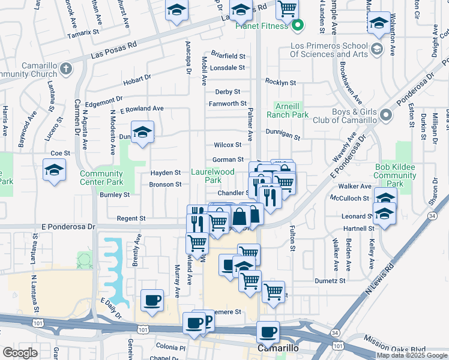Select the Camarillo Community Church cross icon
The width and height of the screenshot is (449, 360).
tap(65, 69)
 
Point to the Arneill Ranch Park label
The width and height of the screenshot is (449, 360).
tap(291, 110)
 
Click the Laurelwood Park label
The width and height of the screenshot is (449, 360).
tap(212, 175)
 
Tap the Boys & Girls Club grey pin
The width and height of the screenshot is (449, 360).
tap(385, 114)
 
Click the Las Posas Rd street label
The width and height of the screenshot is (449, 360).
tap(115, 50)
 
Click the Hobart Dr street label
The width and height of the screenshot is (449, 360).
tap(137, 79)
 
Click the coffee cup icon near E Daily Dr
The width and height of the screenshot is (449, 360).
tap(152, 300)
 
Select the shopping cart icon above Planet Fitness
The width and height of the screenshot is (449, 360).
tap(288, 8)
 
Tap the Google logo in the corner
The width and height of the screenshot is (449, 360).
tap(20, 353)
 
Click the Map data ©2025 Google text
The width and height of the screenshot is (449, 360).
tap(412, 355)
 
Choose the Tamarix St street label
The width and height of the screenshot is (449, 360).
tap(83, 32)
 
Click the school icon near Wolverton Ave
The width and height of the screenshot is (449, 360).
tap(378, 23)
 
